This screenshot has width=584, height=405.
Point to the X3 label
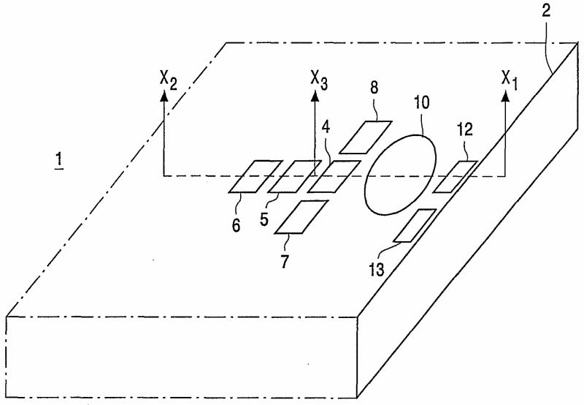(318, 78)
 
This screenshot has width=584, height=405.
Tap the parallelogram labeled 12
(456, 176)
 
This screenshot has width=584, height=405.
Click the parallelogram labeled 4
(333, 176)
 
